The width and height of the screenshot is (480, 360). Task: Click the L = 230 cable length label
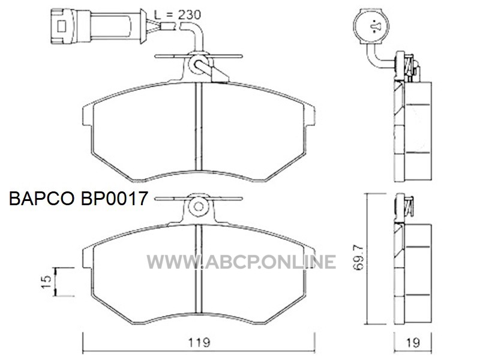(177, 14)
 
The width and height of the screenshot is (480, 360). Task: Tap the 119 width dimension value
(199, 342)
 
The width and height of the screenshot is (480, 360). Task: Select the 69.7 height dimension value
(358, 257)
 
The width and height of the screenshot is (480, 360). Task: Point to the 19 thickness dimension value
(413, 343)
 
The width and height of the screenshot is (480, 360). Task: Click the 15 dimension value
(46, 281)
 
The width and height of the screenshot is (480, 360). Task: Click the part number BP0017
(115, 199)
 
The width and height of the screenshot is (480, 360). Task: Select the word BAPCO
(42, 199)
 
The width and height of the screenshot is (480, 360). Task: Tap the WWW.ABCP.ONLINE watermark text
(241, 262)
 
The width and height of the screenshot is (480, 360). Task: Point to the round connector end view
(371, 26)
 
